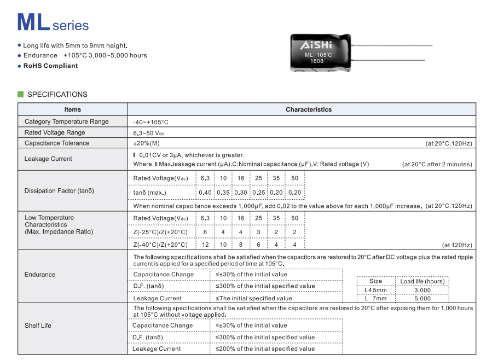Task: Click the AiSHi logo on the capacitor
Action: point(315,45)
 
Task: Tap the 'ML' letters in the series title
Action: point(33,22)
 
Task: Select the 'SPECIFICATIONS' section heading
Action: point(57,94)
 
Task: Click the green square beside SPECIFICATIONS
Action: point(21,94)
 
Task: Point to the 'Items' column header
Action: point(73,109)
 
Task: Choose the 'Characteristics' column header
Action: point(309,109)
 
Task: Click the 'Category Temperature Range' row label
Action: point(66,121)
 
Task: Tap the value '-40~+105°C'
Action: point(151,122)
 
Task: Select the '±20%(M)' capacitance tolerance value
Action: point(147,143)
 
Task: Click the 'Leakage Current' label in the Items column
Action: point(48,159)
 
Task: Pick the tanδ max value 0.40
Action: point(205,193)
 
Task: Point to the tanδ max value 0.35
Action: point(223,193)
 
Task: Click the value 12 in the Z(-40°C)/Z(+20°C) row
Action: point(205,245)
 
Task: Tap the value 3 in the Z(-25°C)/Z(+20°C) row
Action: point(259,232)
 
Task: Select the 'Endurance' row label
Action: point(40,275)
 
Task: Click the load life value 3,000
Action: point(422,291)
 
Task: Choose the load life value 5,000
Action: point(422,299)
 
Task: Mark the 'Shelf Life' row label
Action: point(38,326)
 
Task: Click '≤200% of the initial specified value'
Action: point(265,349)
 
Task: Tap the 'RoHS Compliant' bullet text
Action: point(50,66)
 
